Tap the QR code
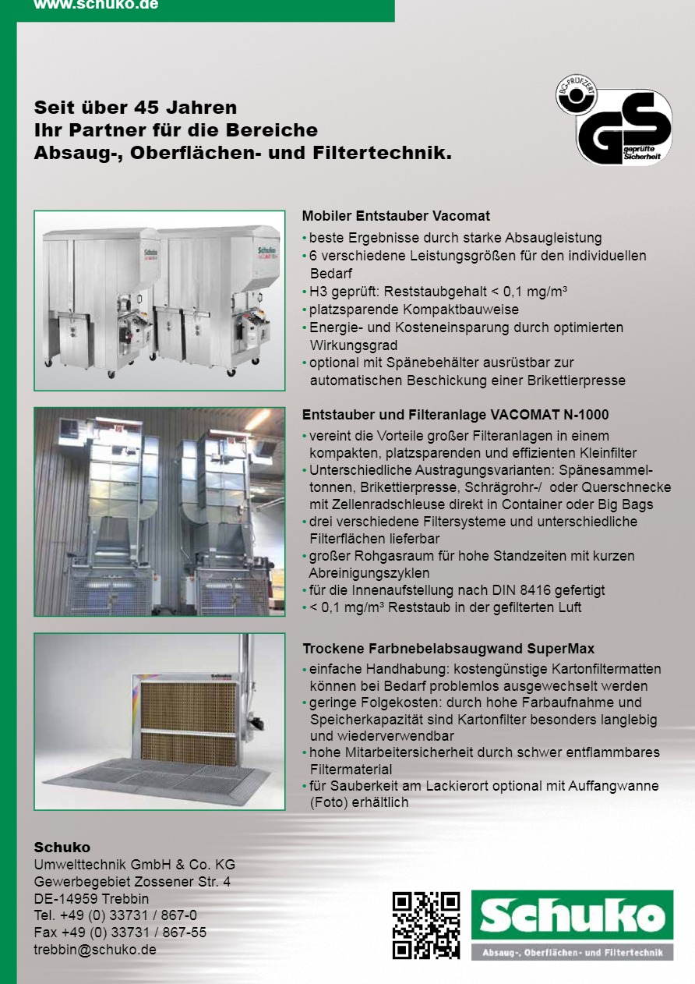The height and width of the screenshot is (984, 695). [x=425, y=926]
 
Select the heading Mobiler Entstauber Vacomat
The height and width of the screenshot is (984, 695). [x=396, y=216]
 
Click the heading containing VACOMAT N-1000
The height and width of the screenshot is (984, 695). [x=455, y=415]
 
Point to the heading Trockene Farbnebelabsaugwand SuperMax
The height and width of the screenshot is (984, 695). [x=448, y=649]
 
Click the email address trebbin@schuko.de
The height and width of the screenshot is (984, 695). [x=95, y=950]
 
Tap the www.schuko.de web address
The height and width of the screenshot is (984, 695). [x=96, y=5]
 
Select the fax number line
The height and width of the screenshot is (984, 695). [x=120, y=933]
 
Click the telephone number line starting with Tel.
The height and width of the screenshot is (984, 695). [x=115, y=915]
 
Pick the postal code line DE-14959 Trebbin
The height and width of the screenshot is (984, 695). [x=91, y=898]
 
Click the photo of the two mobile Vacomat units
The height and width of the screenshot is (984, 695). [x=160, y=300]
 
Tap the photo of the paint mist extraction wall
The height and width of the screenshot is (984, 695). [x=160, y=721]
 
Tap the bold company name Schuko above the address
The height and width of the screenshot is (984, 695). [x=62, y=848]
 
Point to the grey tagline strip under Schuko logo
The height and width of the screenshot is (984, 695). [x=572, y=953]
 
